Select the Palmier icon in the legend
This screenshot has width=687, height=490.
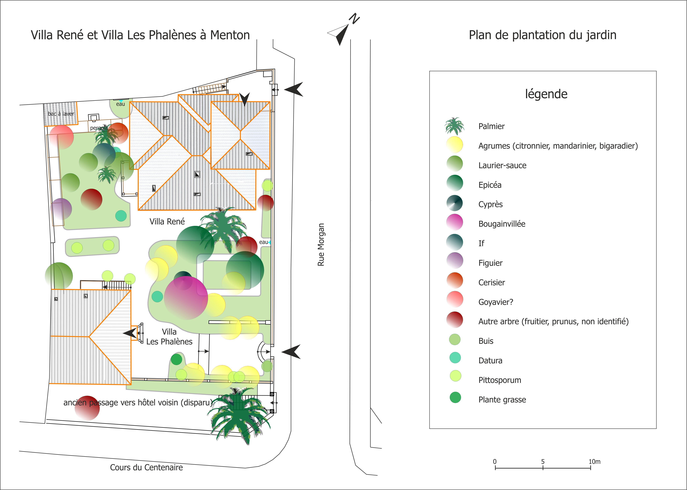coord(455,126)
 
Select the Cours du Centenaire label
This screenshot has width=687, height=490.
coord(146,467)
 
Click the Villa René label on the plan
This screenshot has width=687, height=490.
coord(167,221)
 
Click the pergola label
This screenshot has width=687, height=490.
coord(99,128)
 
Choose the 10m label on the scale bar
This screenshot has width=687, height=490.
coord(594,462)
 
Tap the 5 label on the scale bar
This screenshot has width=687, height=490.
coord(543,462)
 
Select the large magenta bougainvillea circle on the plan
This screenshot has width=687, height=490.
coord(186,298)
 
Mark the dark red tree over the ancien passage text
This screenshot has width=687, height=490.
coord(87,408)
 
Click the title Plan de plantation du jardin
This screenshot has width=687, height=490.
coord(543,35)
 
